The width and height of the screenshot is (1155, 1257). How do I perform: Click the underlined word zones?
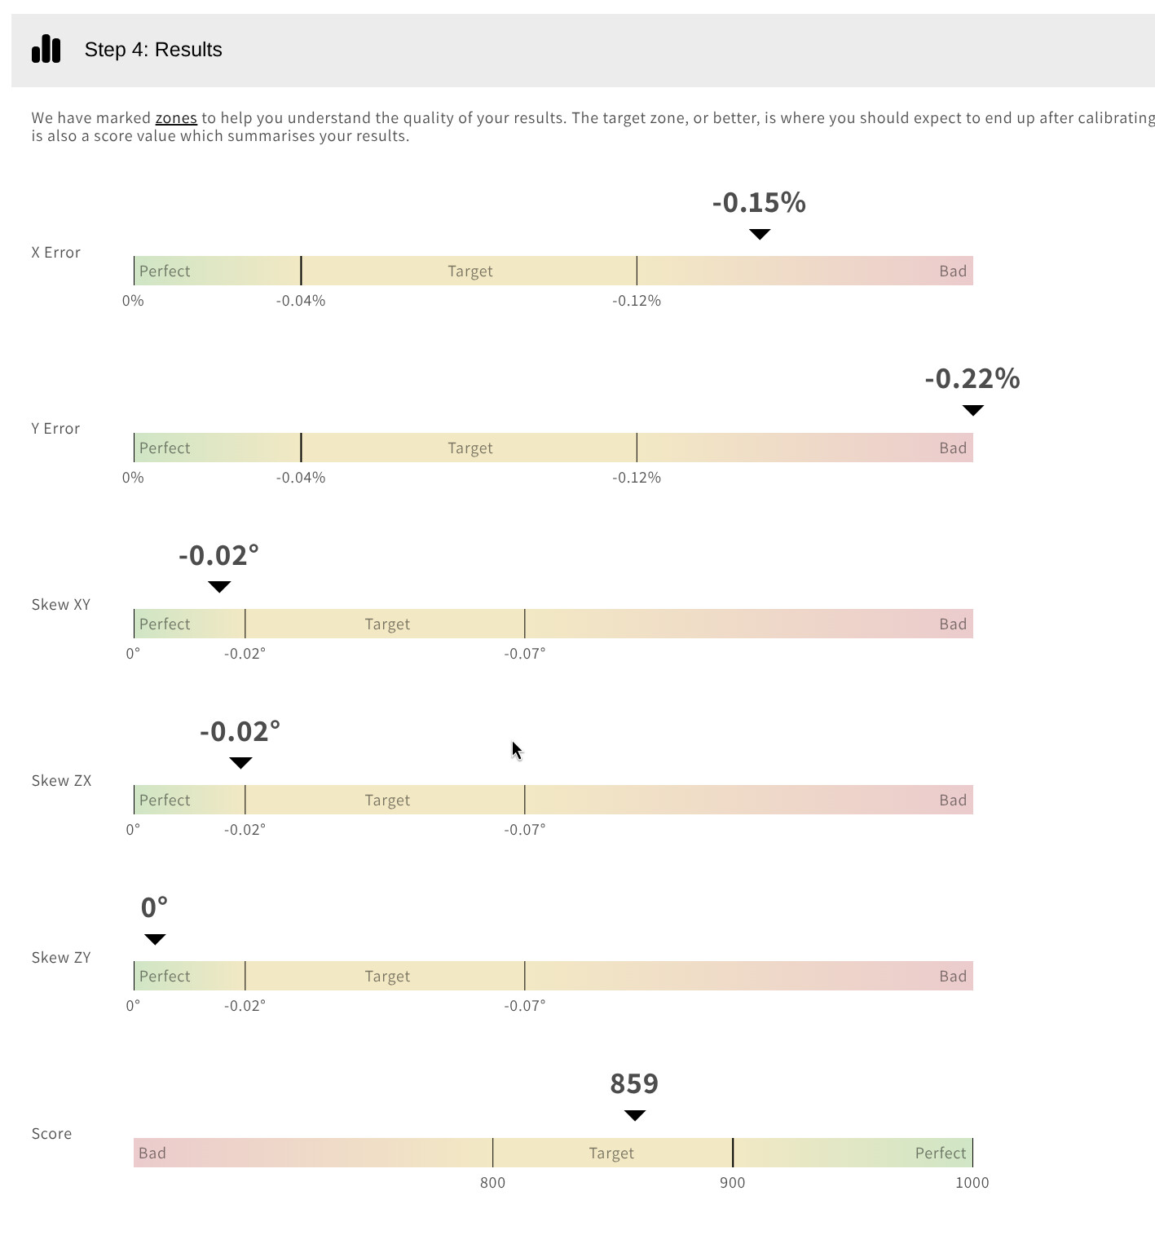click(x=176, y=118)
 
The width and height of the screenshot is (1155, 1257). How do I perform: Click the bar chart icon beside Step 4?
click(x=46, y=49)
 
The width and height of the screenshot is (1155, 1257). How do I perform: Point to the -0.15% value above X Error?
click(x=759, y=202)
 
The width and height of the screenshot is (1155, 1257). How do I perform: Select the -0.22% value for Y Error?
click(x=972, y=378)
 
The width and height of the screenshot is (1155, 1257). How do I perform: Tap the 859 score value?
click(x=634, y=1083)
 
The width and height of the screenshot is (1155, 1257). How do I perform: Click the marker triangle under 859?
click(x=634, y=1114)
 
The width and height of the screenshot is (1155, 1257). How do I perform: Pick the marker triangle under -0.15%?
click(x=760, y=234)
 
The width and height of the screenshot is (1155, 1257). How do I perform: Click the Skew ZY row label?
click(x=61, y=957)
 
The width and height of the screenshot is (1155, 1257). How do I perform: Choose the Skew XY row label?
click(x=61, y=604)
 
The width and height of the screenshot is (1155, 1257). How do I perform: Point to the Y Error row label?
click(x=55, y=428)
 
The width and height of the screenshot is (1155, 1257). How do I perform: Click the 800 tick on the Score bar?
click(x=492, y=1182)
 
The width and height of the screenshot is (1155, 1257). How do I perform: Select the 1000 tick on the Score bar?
click(x=972, y=1182)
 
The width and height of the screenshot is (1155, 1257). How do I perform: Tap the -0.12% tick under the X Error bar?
click(x=637, y=301)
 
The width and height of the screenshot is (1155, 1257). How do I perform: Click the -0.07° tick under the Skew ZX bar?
click(x=525, y=829)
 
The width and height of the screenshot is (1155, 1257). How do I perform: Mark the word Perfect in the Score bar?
click(x=941, y=1153)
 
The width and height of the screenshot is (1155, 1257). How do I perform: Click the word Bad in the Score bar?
click(x=152, y=1153)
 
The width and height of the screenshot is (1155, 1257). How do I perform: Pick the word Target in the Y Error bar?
click(x=470, y=448)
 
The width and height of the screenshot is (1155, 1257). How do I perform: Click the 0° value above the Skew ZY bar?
click(x=154, y=907)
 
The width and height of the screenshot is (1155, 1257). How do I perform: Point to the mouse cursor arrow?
click(x=517, y=750)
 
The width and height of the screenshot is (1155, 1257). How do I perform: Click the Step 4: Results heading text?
click(x=153, y=50)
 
